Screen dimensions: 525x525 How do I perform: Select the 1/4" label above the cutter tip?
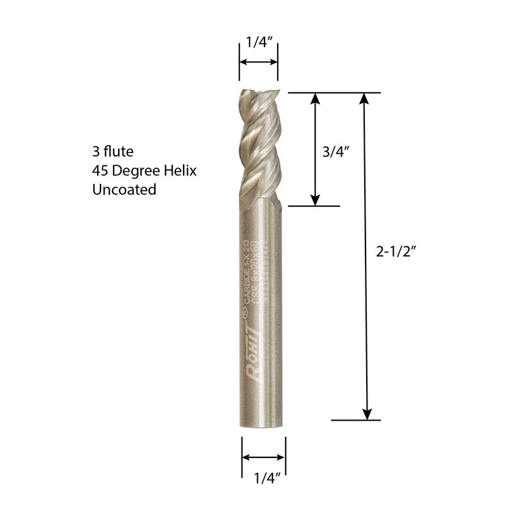point(258,44)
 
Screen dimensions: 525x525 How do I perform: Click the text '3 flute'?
point(113,152)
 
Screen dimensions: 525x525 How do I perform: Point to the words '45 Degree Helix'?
point(145,171)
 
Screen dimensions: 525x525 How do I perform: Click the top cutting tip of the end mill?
point(258,93)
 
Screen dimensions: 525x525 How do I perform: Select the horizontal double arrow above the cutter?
point(258,62)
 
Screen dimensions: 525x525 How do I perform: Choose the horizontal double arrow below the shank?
point(264,457)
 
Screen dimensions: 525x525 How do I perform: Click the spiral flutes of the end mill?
point(259,148)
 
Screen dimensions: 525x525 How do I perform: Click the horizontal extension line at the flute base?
point(314,206)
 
